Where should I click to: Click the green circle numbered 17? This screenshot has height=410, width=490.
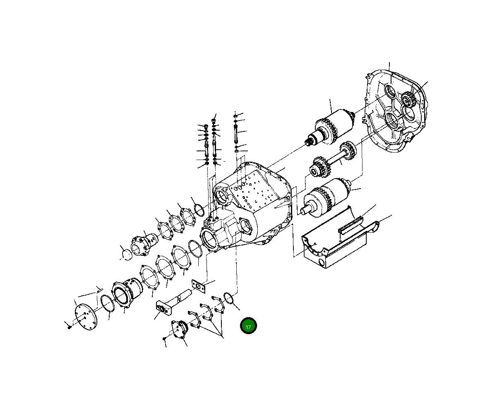248,326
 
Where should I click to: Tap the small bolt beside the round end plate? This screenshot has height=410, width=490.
69,327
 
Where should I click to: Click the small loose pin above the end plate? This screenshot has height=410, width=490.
99,289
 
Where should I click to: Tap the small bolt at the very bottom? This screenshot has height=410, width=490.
165,339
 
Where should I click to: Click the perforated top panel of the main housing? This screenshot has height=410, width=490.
257,187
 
